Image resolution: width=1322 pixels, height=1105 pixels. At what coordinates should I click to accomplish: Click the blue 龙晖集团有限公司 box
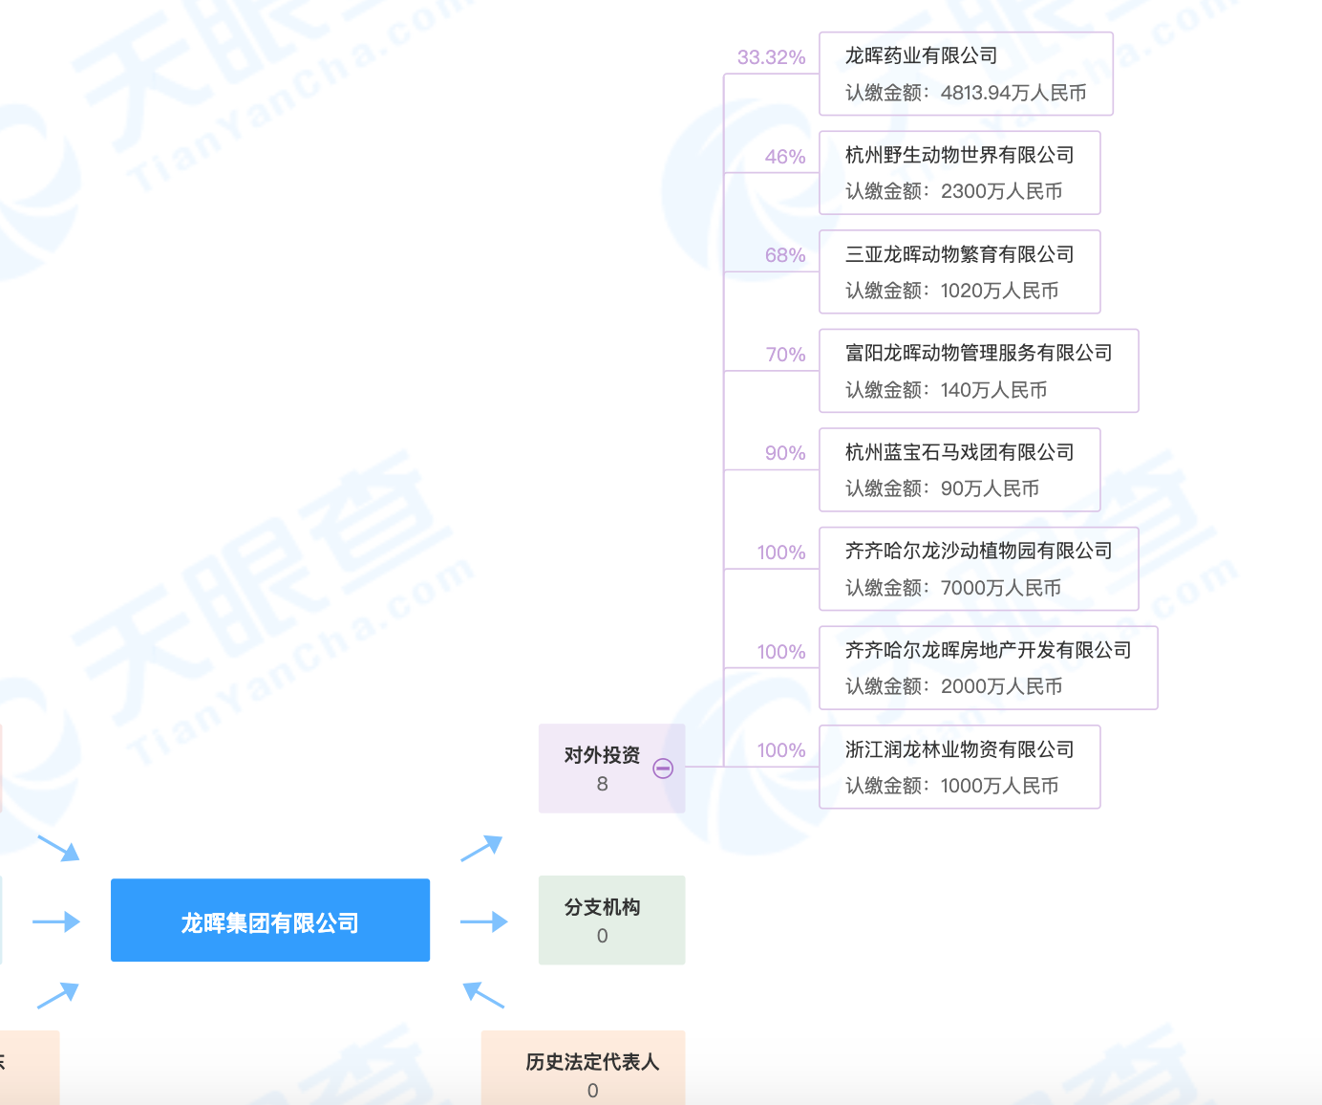(270, 921)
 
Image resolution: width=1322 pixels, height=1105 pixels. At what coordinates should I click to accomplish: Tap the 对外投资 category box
(601, 768)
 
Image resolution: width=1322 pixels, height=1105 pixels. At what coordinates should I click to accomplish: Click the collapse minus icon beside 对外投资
(663, 768)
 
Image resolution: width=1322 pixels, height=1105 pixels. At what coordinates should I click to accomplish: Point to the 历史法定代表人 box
(592, 1069)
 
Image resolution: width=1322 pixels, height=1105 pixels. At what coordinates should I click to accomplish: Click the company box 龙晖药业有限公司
(966, 74)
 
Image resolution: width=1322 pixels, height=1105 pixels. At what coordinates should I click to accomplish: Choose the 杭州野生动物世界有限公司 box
(959, 173)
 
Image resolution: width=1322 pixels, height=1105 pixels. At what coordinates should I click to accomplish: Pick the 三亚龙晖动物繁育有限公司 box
(959, 271)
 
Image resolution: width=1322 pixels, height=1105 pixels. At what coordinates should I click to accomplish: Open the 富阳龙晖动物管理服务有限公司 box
(978, 371)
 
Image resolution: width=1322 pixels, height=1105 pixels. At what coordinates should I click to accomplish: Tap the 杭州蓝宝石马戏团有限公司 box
(959, 469)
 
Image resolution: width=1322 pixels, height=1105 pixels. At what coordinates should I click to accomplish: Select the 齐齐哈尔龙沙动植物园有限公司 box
(978, 569)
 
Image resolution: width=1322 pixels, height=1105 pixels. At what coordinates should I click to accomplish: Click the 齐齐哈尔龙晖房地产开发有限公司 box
(988, 667)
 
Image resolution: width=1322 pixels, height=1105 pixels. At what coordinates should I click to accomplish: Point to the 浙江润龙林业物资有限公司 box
(959, 767)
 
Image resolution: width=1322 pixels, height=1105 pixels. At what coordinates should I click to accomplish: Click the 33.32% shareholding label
(771, 57)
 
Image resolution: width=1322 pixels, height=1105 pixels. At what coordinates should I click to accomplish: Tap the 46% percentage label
(784, 157)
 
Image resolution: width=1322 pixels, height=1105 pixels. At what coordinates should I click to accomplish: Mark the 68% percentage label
(784, 255)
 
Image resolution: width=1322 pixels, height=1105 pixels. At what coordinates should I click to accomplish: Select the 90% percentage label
(784, 453)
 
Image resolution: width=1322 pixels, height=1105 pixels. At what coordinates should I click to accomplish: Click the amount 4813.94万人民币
(1013, 93)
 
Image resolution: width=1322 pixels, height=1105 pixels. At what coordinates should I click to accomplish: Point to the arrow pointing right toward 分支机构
(483, 921)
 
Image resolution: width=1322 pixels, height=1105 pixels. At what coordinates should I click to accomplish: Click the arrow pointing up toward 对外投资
(481, 847)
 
